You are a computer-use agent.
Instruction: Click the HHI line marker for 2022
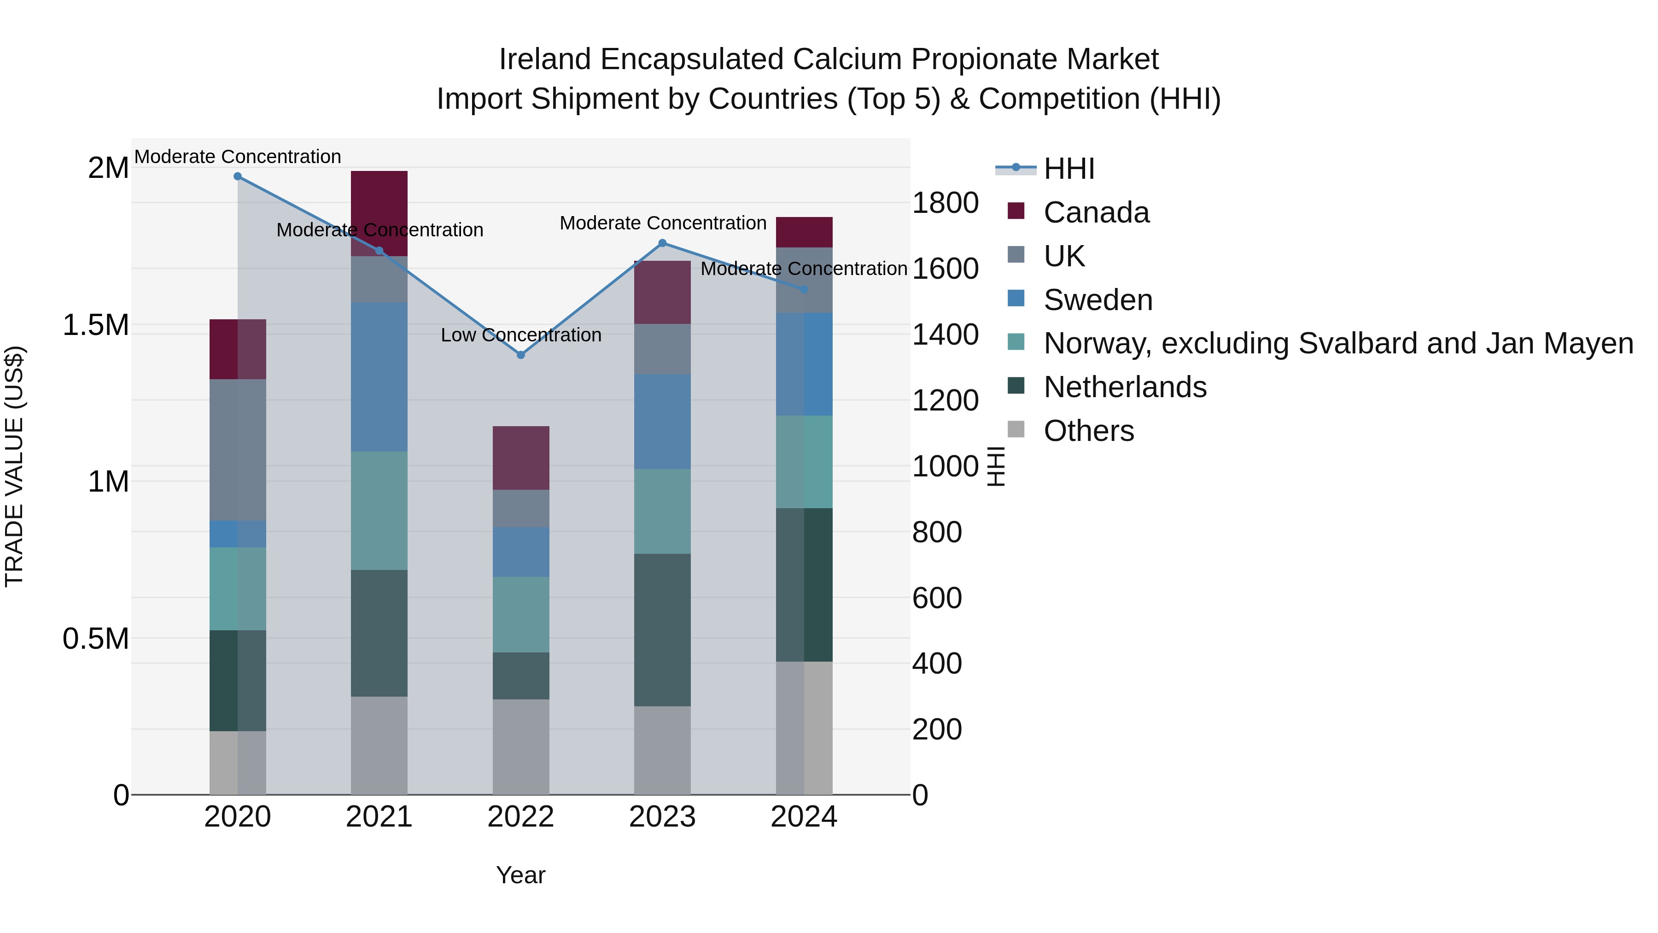[x=521, y=355]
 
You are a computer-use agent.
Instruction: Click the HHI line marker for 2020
[x=238, y=176]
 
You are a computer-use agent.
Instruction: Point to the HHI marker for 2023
[x=662, y=243]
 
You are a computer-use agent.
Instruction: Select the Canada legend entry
[x=1096, y=212]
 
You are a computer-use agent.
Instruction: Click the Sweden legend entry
[x=1098, y=300]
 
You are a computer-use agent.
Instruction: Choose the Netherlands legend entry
[x=1124, y=387]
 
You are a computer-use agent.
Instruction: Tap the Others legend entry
[x=1088, y=431]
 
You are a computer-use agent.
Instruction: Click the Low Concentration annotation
[x=521, y=335]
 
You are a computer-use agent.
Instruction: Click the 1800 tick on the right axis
[x=945, y=203]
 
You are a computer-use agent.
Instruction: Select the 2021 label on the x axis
[x=379, y=817]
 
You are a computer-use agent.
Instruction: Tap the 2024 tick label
[x=803, y=817]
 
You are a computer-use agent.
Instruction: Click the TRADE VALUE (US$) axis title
[x=15, y=466]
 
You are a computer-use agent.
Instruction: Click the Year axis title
[x=521, y=875]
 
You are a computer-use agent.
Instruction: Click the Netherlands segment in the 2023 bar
[x=662, y=630]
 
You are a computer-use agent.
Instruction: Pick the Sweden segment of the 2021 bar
[x=379, y=377]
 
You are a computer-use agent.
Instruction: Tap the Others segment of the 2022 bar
[x=521, y=746]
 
